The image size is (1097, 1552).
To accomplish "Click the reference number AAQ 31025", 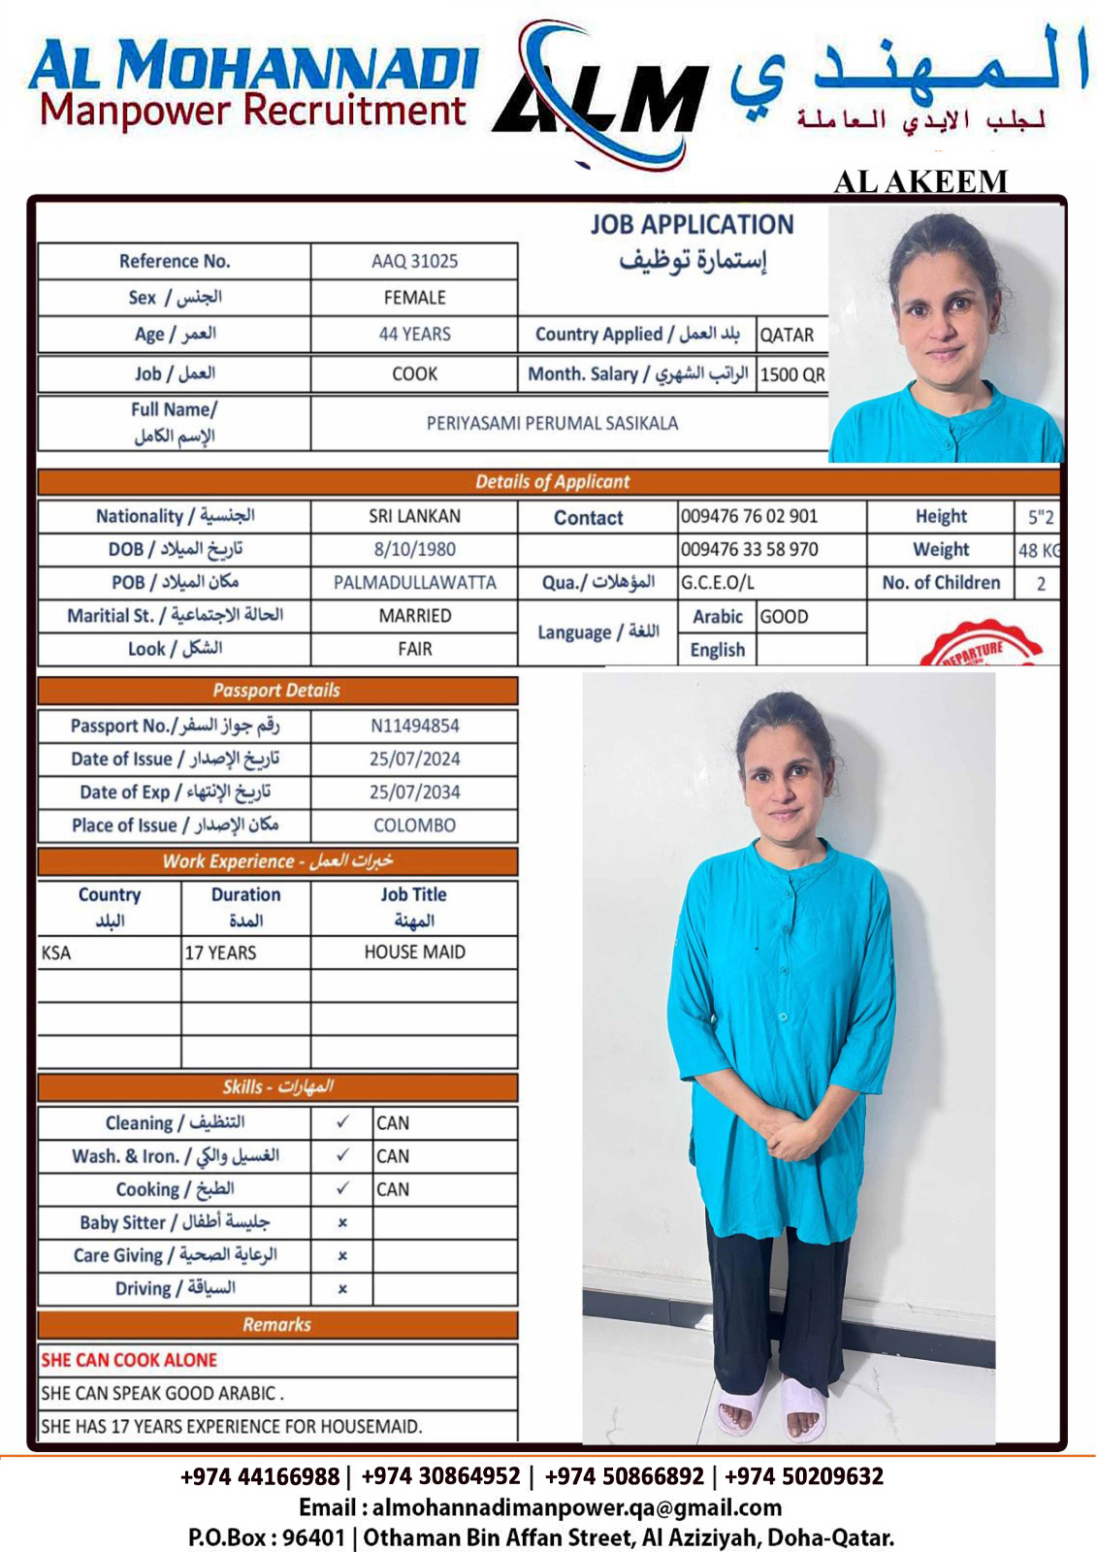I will click(414, 261).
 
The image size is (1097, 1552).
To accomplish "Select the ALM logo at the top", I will click(601, 97).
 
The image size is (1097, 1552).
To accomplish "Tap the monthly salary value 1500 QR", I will click(792, 374).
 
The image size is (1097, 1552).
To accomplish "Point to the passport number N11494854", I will click(414, 726).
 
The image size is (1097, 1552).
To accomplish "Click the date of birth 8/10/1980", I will click(414, 549).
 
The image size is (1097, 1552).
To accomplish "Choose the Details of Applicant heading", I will click(551, 482).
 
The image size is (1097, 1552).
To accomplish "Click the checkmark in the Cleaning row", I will click(342, 1122).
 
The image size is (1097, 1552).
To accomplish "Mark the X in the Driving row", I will click(342, 1289).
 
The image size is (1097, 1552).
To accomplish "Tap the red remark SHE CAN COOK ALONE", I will click(129, 1360).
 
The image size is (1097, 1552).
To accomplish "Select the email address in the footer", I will click(576, 1507).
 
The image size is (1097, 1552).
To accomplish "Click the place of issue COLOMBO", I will click(414, 825).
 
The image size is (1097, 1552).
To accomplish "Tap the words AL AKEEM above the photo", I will click(920, 181).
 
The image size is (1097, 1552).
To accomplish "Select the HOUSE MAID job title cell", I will click(414, 953).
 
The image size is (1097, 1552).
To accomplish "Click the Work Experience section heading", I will click(277, 861).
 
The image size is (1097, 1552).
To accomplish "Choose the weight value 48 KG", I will click(1038, 551).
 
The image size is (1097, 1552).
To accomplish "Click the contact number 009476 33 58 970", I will click(749, 549).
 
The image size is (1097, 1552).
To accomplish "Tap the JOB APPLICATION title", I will click(692, 225).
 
